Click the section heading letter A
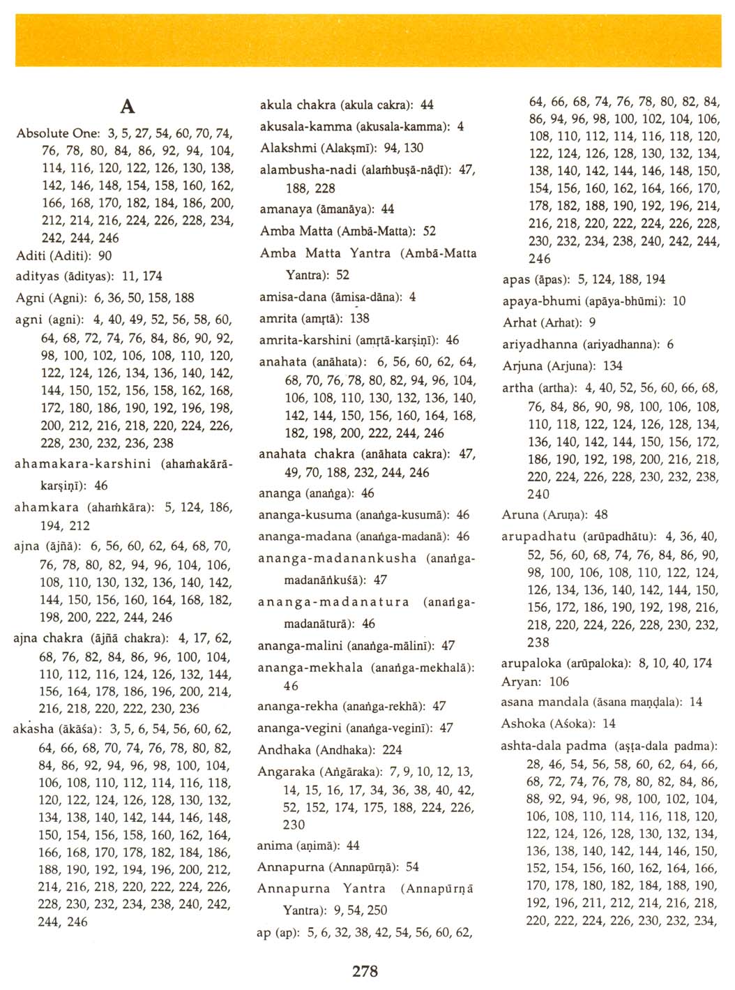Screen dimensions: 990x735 pyautogui.click(x=128, y=106)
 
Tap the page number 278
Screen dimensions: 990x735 pyautogui.click(x=365, y=970)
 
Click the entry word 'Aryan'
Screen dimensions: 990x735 pyautogui.click(x=518, y=682)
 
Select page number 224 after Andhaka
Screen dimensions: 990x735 pyautogui.click(x=393, y=749)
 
